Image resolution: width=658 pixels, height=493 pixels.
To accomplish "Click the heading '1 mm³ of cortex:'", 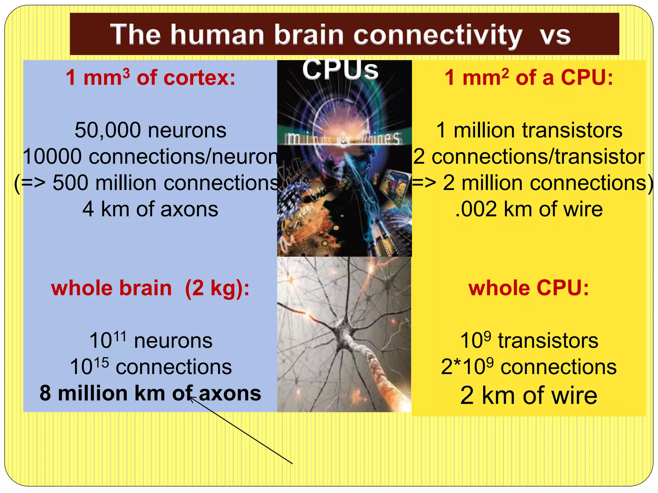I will click(x=150, y=78).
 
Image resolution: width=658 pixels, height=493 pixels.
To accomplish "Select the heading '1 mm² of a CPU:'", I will click(x=529, y=78).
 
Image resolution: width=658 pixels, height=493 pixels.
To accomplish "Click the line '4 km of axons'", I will click(x=150, y=209).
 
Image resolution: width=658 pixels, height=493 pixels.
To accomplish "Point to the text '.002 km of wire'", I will click(x=529, y=209).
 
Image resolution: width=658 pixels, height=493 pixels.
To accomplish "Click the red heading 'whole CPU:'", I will click(x=529, y=288).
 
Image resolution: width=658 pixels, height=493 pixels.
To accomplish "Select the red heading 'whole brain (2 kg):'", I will click(x=150, y=288).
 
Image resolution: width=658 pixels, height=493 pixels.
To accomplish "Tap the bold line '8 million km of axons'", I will click(x=150, y=393).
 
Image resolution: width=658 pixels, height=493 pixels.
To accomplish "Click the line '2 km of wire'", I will click(x=529, y=395).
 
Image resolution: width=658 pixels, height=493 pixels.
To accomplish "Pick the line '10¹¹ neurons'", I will click(x=150, y=341).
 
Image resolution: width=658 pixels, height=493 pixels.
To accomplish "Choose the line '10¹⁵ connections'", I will click(x=150, y=367).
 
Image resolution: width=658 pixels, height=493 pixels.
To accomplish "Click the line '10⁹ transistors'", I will click(x=529, y=341).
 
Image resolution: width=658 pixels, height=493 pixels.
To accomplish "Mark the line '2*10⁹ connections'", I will click(x=529, y=367).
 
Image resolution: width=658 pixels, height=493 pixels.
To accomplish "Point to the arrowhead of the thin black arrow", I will click(x=191, y=398).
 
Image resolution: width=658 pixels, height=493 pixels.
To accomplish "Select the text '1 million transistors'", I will click(x=529, y=130).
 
